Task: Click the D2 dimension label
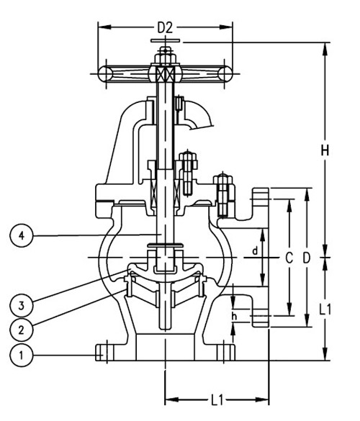(x=165, y=27)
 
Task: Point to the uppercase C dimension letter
(x=289, y=257)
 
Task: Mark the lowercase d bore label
(x=254, y=250)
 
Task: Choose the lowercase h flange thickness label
(x=234, y=314)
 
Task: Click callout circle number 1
(x=22, y=354)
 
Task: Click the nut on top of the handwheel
(x=165, y=53)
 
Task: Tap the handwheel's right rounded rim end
(x=227, y=73)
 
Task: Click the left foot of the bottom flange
(x=105, y=352)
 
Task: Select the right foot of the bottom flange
(x=226, y=352)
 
